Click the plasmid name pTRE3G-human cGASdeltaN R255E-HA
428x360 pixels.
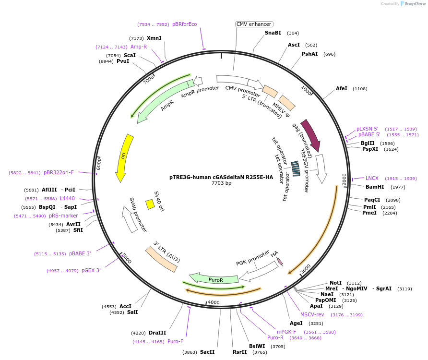click(x=221, y=177)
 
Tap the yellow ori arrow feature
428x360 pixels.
click(x=124, y=157)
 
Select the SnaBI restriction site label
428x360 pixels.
click(x=273, y=33)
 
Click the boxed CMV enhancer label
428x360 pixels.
click(x=254, y=24)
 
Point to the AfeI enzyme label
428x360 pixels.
click(x=342, y=89)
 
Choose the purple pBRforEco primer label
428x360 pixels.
click(x=184, y=24)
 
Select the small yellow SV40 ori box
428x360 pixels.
click(x=150, y=204)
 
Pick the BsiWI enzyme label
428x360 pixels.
click(x=257, y=346)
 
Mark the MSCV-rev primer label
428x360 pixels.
click(x=312, y=314)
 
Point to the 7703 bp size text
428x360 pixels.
click(x=221, y=183)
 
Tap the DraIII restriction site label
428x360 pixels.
click(x=157, y=333)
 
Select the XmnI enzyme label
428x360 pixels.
click(x=154, y=38)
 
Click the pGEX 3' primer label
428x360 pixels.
click(x=91, y=271)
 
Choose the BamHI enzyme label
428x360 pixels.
click(x=375, y=187)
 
